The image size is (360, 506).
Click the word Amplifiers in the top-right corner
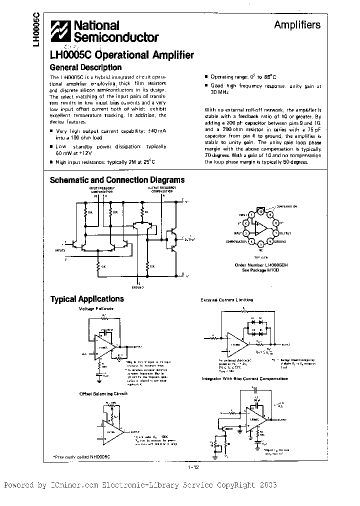pos(297,25)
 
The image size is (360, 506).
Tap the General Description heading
pos(85,67)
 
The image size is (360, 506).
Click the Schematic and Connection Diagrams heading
pos(117,180)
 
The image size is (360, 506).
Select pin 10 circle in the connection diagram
pos(261,211)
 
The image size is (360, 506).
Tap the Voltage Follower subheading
pos(96,308)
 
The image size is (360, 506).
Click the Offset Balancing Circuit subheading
pos(103,393)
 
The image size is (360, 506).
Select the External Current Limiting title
pos(226,300)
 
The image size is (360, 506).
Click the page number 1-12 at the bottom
pos(194,467)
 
